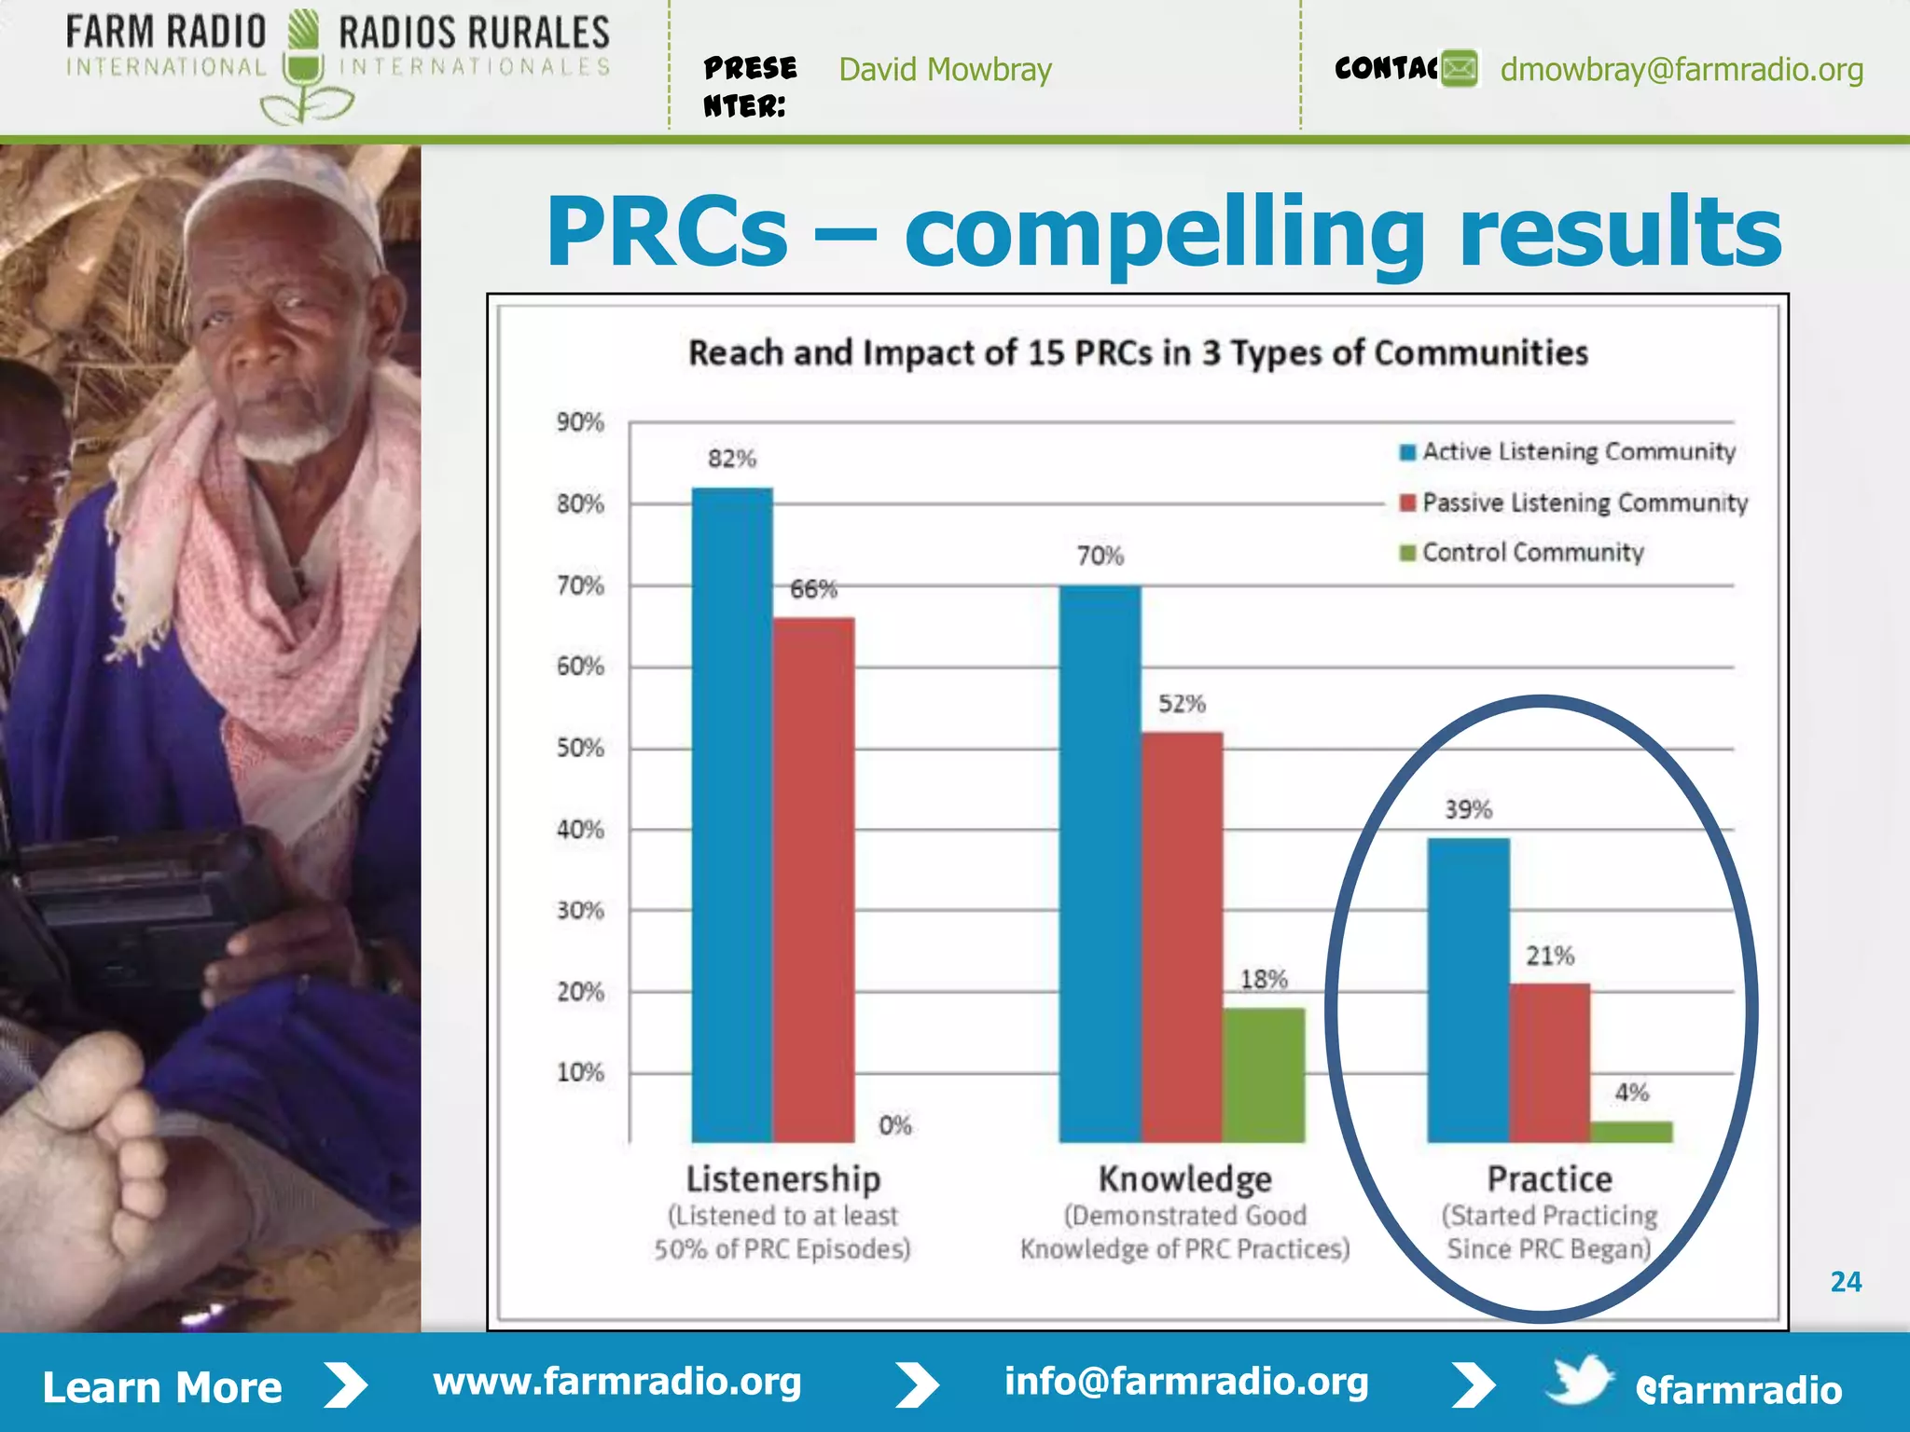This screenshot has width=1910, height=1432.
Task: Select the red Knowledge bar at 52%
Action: pos(1182,936)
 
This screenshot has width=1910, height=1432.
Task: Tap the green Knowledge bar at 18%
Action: pos(1264,1074)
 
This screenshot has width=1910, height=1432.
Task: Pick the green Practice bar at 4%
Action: pos(1631,1132)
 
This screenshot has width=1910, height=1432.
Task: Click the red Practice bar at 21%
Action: pos(1550,1062)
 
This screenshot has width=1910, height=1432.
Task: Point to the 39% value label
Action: pos(1469,809)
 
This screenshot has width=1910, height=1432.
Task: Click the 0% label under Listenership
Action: pos(895,1125)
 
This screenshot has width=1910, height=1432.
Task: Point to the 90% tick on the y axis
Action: pos(580,422)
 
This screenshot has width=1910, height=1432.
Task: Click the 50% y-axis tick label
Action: pos(580,748)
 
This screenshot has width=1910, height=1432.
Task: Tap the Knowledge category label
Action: pos(1184,1179)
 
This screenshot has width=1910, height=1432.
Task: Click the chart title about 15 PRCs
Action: pos(1138,353)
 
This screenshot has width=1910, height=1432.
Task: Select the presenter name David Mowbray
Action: pos(945,70)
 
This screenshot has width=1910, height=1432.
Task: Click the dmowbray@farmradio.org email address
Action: pos(1682,70)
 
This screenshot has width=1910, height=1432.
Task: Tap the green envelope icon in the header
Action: pos(1460,69)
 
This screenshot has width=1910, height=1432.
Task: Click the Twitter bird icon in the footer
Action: pos(1578,1381)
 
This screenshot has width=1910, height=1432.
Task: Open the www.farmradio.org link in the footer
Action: pos(617,1382)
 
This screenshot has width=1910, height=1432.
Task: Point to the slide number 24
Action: pos(1846,1282)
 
